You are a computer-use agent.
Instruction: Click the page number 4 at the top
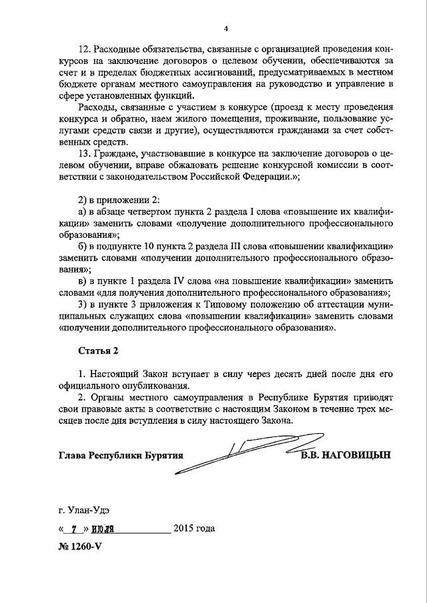(x=226, y=28)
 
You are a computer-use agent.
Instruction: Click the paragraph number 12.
(x=84, y=51)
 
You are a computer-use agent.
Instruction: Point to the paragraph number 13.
(x=84, y=153)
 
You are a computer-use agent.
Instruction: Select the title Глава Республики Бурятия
(x=120, y=456)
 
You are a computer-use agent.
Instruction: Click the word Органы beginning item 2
(x=107, y=397)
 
